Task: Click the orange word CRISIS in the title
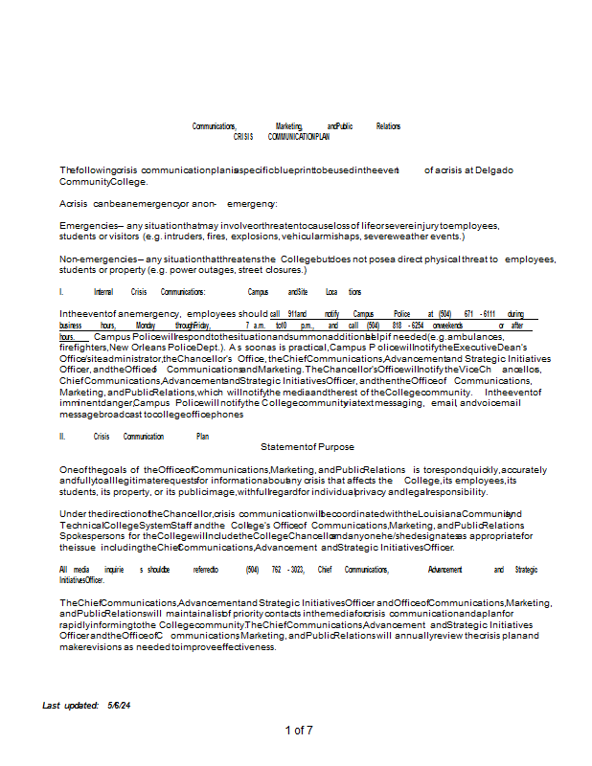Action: pos(243,137)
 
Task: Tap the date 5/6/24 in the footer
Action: pos(120,705)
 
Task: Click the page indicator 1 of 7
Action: pos(299,731)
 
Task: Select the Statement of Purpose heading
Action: pos(307,446)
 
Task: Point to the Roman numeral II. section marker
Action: pos(62,437)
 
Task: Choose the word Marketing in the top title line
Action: pos(288,126)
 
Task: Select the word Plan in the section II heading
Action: pos(202,437)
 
